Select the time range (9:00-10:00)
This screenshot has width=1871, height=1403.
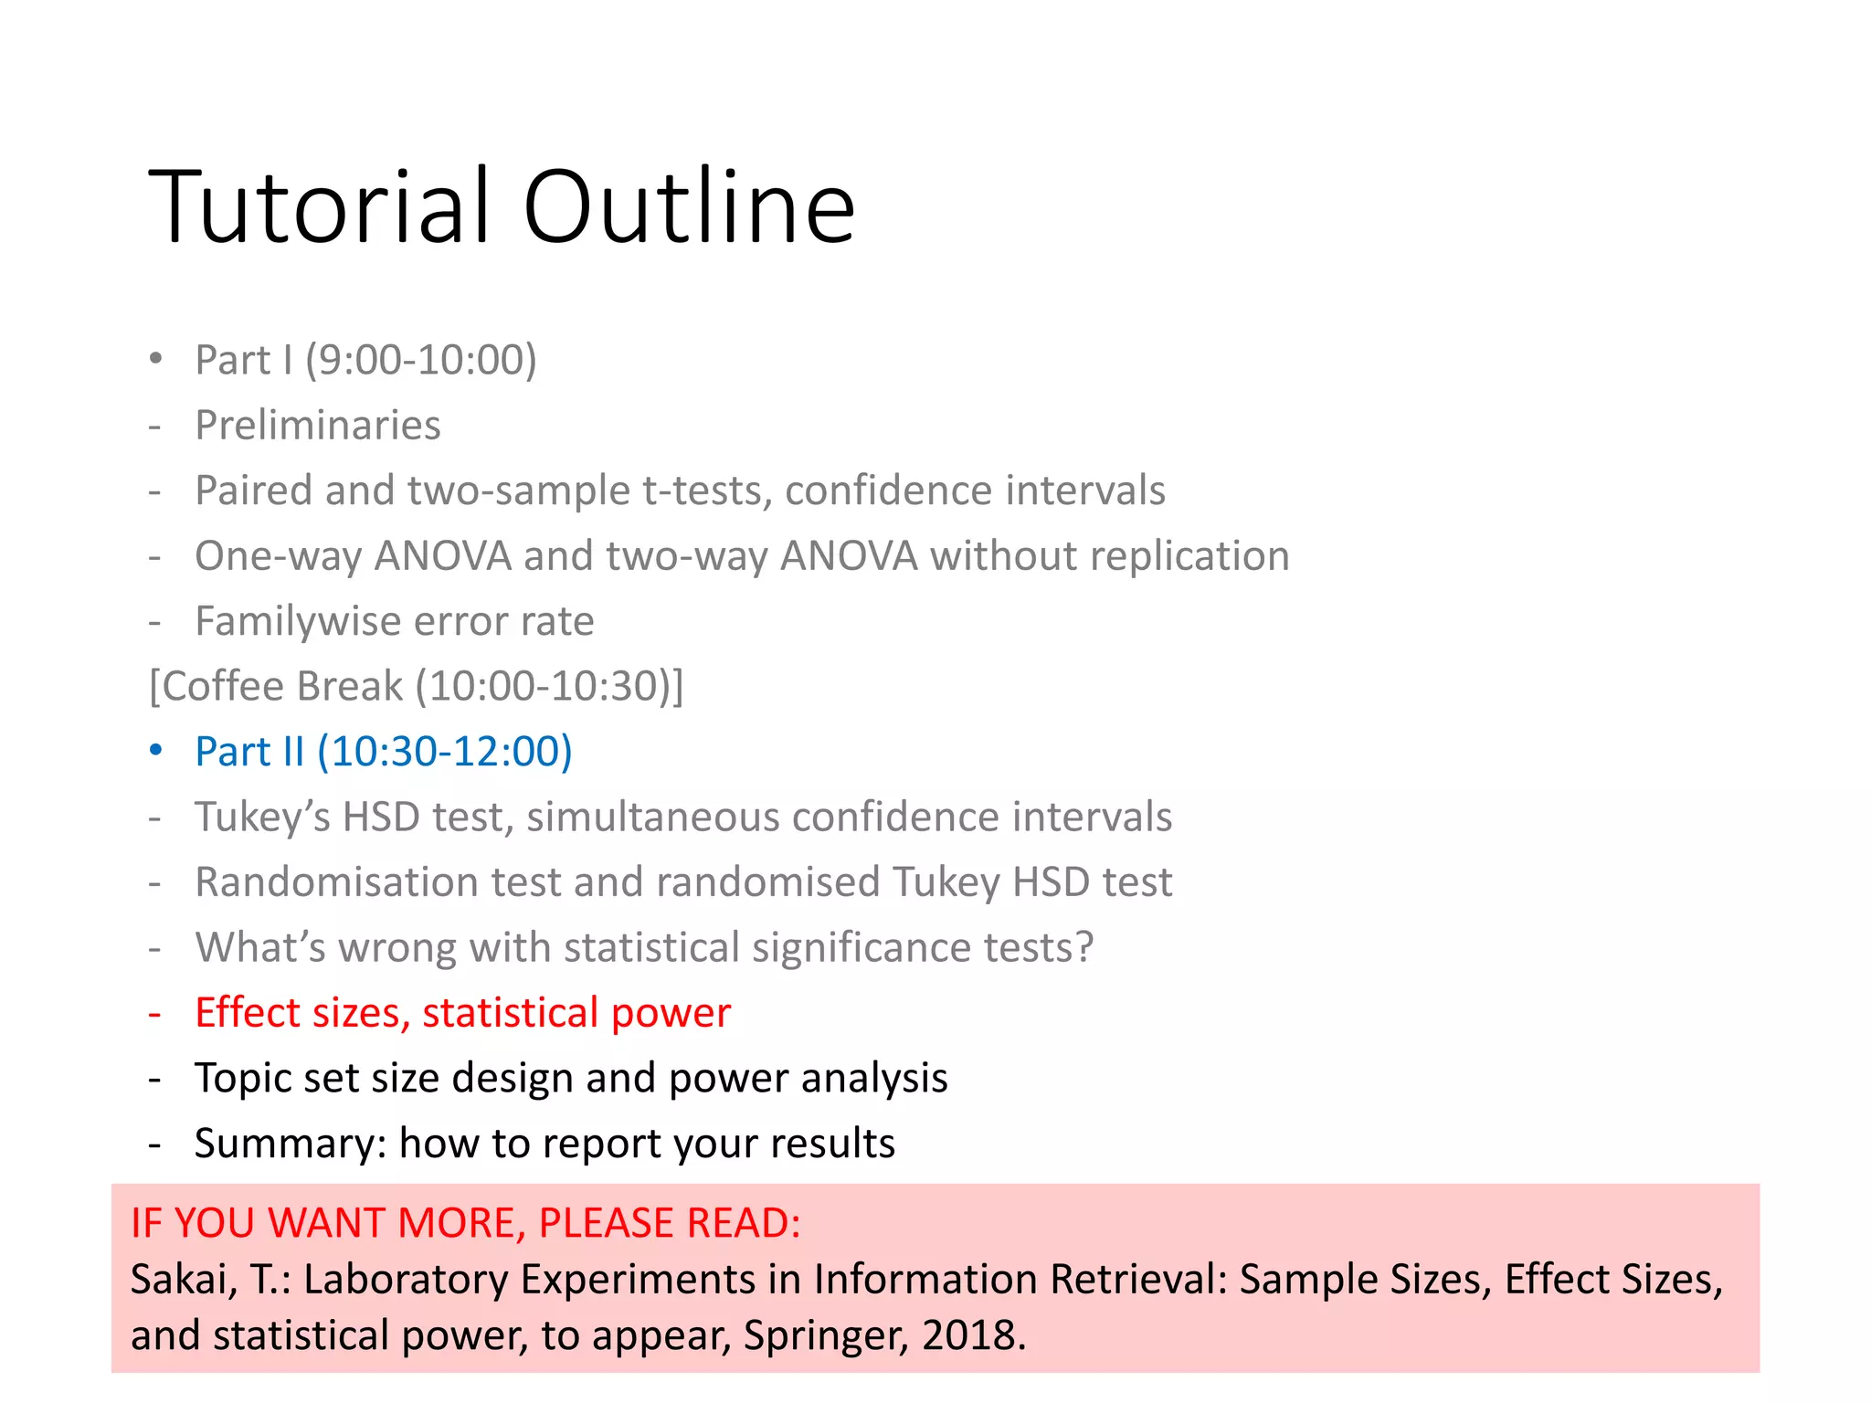pyautogui.click(x=421, y=360)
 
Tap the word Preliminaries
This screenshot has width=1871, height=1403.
pyautogui.click(x=318, y=426)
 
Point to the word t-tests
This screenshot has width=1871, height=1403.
pyautogui.click(x=700, y=491)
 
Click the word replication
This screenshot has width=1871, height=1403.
pyautogui.click(x=1189, y=556)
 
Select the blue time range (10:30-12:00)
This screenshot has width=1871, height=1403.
pyautogui.click(x=445, y=752)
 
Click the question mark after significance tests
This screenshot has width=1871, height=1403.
pyautogui.click(x=1084, y=948)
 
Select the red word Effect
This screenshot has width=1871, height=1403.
pyautogui.click(x=246, y=1013)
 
